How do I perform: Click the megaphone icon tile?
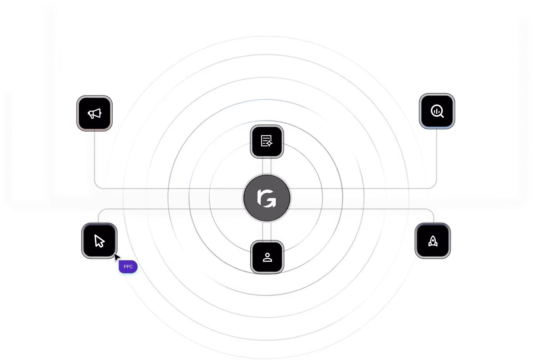coord(94,113)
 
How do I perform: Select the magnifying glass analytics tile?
coord(437,111)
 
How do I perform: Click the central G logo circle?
coord(266,198)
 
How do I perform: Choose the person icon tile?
coord(267,257)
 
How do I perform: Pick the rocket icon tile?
coord(433,241)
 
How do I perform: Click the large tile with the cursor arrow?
coord(99,241)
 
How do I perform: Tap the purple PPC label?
coord(128,267)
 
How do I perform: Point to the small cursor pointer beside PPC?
coord(117,257)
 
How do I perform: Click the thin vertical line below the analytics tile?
coord(437,155)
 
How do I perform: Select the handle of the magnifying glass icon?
coord(442,115)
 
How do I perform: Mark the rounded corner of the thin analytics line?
coord(434,186)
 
